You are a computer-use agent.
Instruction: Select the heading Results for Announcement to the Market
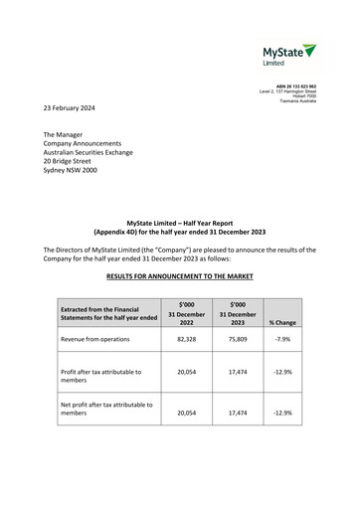pos(180,273)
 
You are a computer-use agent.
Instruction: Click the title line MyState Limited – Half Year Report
pos(180,225)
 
